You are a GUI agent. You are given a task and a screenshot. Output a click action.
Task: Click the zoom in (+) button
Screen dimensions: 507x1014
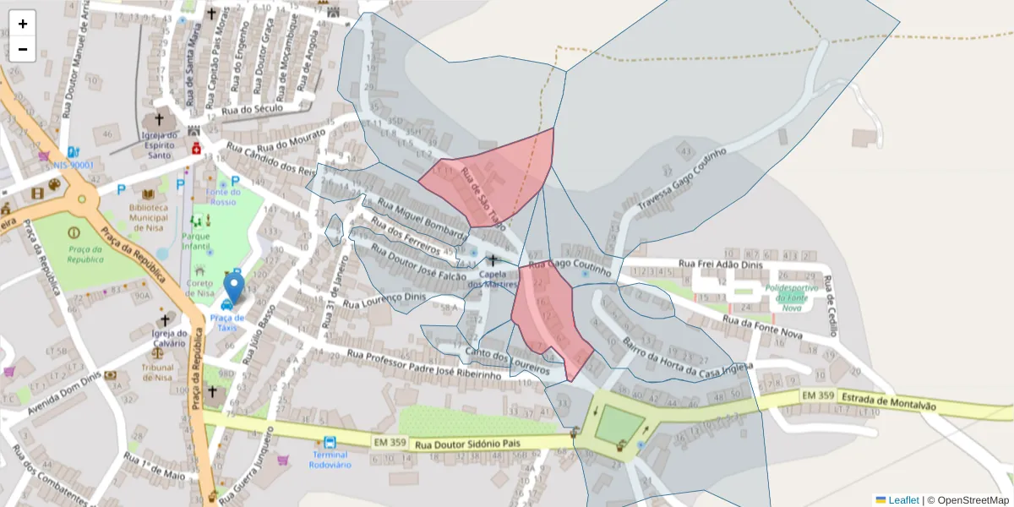coord(23,24)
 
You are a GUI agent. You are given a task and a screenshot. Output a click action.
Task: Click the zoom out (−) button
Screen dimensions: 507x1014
coord(23,49)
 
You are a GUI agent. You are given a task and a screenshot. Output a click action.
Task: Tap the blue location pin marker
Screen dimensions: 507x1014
coord(233,287)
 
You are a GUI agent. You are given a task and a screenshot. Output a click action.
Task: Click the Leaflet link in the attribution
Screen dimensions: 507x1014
coord(902,500)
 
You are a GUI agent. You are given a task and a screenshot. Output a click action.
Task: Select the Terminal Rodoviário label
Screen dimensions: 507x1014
coord(329,460)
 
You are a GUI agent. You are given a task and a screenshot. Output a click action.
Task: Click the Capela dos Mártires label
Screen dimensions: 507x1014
coord(492,279)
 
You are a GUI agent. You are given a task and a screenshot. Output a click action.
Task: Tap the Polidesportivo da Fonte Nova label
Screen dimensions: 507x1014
coord(791,297)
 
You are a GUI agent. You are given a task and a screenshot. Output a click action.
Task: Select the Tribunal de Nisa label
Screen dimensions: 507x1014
coord(157,372)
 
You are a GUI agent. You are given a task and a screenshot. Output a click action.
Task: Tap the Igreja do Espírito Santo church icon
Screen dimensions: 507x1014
coord(158,120)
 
